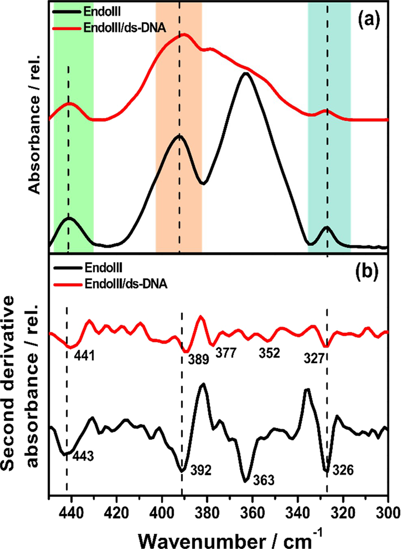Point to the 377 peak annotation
coord(225,353)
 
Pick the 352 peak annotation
coord(269,353)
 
